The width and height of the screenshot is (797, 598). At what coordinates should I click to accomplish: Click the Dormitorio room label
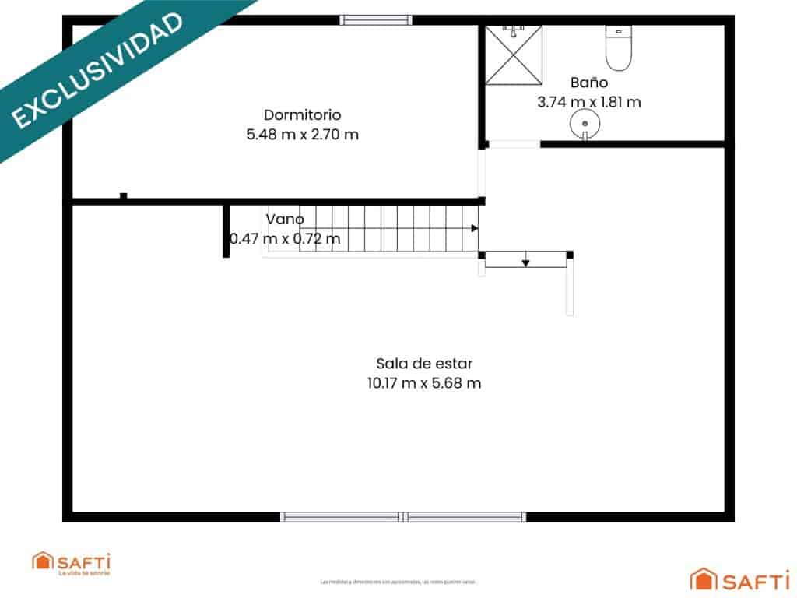pos(302,114)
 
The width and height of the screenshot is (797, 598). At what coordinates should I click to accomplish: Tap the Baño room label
pos(588,82)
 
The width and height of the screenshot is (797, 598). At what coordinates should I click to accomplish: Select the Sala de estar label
pos(424,363)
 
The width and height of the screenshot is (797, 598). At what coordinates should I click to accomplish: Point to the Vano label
pos(285,219)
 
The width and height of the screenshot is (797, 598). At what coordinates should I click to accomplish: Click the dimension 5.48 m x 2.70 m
pos(302,134)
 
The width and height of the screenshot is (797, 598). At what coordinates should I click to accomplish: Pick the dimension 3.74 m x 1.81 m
pos(588,101)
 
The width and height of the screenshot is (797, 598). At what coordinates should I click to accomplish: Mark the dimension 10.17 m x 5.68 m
pos(424,382)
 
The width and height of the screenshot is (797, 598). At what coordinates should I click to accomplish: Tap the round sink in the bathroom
pos(584,123)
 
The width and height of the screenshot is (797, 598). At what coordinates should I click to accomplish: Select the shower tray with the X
pos(513,55)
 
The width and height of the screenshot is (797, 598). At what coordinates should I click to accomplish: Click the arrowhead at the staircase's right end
pos(474,228)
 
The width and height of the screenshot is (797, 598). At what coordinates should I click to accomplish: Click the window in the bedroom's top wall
pos(377,20)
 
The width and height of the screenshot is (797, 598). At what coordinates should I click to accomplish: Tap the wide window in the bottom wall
pos(403,516)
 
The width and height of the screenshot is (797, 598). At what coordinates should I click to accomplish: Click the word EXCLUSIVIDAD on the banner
pos(97,70)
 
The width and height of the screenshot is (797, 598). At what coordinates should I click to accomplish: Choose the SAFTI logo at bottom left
pos(72,562)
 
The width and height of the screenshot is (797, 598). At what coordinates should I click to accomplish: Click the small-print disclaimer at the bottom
pos(398,581)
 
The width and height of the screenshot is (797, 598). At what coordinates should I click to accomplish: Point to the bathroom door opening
pos(514,144)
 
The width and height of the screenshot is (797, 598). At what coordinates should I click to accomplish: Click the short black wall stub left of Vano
pos(226,230)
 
